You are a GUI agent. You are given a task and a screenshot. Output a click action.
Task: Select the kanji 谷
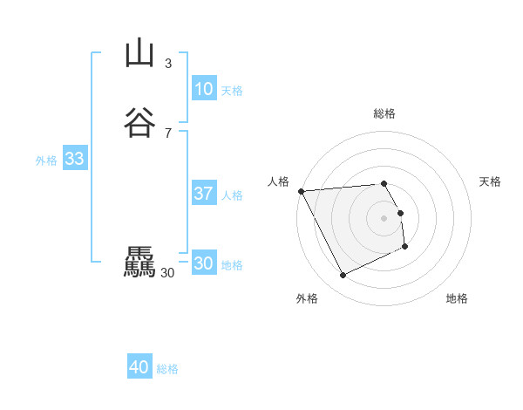(x=139, y=122)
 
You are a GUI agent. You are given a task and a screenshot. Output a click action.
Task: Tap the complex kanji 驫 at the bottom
(x=139, y=263)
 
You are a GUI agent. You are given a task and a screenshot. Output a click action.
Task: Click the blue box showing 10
(x=203, y=89)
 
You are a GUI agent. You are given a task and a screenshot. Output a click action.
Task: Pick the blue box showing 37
(x=203, y=194)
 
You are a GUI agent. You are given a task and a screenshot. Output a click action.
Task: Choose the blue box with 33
(x=74, y=159)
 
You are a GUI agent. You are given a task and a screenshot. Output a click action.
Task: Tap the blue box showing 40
(x=139, y=367)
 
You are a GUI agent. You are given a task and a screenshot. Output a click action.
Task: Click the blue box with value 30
(x=203, y=263)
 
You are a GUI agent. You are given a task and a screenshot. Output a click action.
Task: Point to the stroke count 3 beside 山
(x=168, y=64)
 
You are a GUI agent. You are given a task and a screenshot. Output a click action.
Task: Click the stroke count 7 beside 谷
(x=168, y=133)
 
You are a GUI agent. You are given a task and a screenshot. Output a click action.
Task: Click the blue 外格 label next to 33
(x=46, y=161)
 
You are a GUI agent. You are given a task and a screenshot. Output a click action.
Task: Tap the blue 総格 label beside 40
(x=167, y=369)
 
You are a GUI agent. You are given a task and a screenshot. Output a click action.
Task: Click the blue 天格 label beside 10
(x=232, y=91)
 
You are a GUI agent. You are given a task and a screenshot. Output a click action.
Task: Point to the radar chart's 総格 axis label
(x=384, y=113)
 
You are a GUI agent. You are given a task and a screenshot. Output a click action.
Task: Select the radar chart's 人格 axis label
(x=279, y=181)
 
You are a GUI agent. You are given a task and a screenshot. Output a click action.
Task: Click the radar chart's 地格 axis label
(x=457, y=298)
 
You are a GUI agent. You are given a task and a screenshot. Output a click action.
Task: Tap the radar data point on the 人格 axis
(x=301, y=191)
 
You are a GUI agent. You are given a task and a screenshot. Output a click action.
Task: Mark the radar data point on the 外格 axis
(x=343, y=276)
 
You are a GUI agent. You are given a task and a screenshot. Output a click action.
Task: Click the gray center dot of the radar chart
(x=384, y=218)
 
